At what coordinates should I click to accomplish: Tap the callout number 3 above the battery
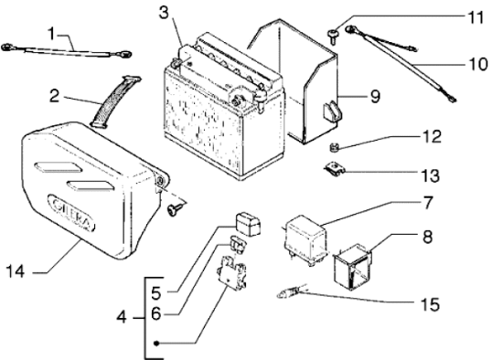(164, 13)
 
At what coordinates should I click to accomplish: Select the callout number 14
(16, 271)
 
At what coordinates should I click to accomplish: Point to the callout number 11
(476, 17)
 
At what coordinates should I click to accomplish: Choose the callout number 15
(430, 304)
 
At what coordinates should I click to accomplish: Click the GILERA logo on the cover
(71, 213)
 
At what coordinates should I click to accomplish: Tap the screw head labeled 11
(333, 36)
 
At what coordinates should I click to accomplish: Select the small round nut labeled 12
(333, 147)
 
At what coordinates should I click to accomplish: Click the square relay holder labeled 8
(353, 266)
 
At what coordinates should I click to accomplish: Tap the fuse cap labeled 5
(248, 223)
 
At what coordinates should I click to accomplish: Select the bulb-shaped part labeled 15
(289, 292)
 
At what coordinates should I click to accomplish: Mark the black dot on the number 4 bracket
(156, 344)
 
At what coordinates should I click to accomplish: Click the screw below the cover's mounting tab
(175, 209)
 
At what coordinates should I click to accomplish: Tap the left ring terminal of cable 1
(7, 48)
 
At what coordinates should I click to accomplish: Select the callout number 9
(375, 96)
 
